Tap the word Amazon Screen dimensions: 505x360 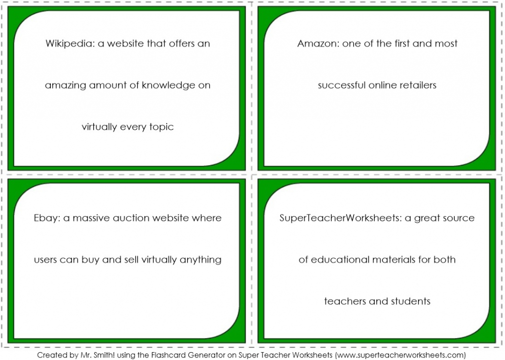[x=318, y=43]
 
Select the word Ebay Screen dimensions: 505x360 [x=47, y=218]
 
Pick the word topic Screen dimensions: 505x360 [x=161, y=127]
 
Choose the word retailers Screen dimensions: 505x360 [x=418, y=85]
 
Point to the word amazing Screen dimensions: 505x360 [x=66, y=86]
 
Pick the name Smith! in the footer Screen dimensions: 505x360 [x=104, y=355]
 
